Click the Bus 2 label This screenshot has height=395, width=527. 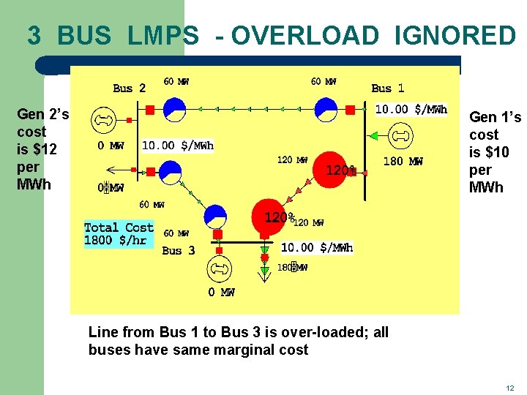[x=129, y=89]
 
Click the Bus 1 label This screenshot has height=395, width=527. [x=387, y=89]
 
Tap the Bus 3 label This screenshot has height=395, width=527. [x=178, y=251]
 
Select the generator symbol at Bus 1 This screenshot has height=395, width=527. [x=400, y=136]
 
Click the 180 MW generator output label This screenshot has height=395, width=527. [x=403, y=161]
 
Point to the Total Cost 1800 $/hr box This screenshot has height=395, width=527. [x=119, y=234]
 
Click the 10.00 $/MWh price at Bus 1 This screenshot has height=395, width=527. [x=411, y=110]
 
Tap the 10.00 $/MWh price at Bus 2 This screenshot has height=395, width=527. [x=178, y=146]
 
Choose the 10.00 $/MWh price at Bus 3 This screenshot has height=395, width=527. [x=317, y=248]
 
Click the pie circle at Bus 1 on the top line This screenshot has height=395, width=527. [x=325, y=110]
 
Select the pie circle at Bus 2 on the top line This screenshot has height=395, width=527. [x=174, y=110]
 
